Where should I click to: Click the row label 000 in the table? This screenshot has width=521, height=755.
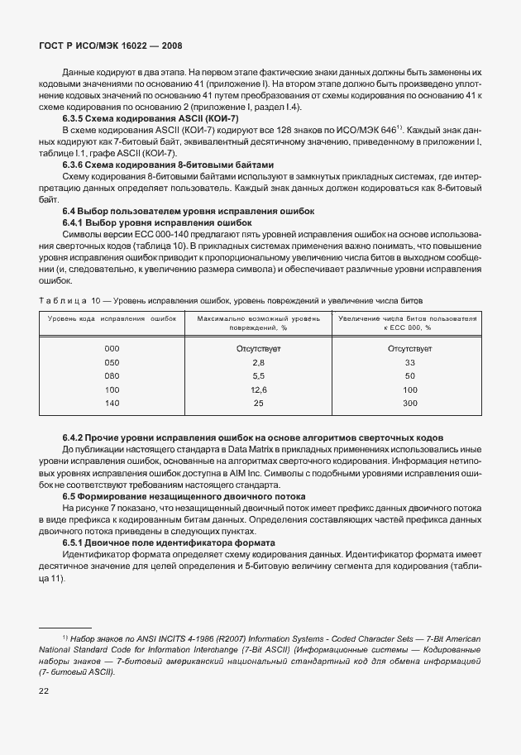coord(112,349)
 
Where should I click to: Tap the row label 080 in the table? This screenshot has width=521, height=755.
coord(112,375)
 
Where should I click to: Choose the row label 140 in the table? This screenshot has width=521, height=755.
coord(112,403)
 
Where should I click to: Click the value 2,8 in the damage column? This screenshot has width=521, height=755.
coord(258,362)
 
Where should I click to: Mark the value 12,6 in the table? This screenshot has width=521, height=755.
coord(258,389)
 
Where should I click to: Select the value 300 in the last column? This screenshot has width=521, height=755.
coord(409,403)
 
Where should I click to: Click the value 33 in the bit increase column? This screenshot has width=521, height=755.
coord(409,362)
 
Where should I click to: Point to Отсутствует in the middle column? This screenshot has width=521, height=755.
coord(258,349)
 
